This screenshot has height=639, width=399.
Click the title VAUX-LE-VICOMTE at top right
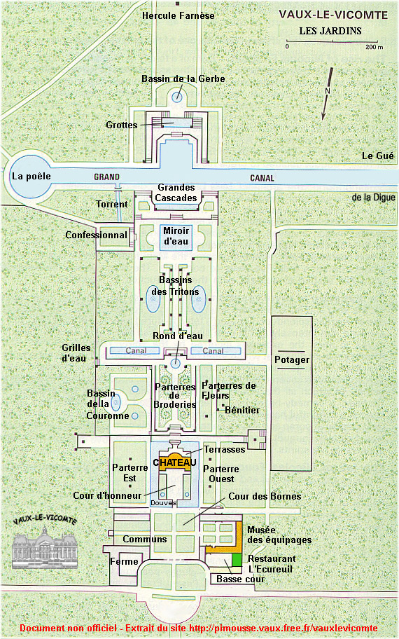click(x=333, y=15)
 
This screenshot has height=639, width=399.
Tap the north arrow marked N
click(x=328, y=93)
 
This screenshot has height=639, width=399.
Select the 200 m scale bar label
click(x=374, y=47)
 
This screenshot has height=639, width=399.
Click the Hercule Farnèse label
click(x=178, y=16)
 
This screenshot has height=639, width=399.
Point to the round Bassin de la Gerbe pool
click(x=177, y=97)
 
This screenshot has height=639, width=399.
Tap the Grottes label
click(x=121, y=125)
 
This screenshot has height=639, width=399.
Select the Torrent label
click(x=111, y=204)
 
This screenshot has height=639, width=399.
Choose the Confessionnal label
click(x=97, y=235)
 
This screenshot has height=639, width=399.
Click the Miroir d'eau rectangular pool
click(x=176, y=237)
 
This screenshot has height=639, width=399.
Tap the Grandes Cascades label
click(x=176, y=193)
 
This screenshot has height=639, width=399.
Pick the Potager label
click(x=292, y=360)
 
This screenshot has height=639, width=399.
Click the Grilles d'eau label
click(x=76, y=353)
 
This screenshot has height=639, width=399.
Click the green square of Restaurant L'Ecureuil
click(x=237, y=560)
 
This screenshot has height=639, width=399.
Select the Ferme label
click(x=124, y=561)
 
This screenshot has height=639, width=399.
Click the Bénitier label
click(x=242, y=410)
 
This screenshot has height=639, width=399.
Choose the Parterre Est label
click(x=130, y=473)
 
